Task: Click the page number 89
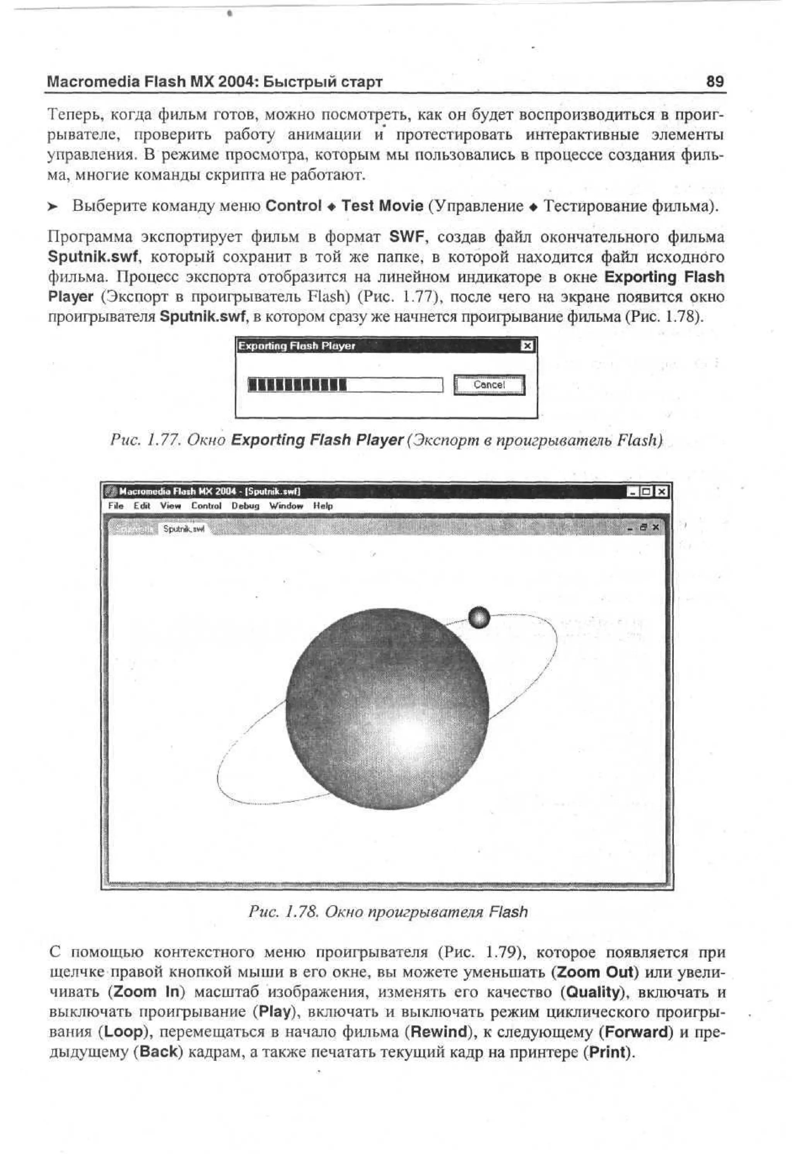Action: pyautogui.click(x=715, y=82)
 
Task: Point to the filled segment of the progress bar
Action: pyautogui.click(x=297, y=385)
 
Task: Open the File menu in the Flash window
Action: pyautogui.click(x=116, y=506)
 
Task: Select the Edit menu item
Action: pyautogui.click(x=142, y=506)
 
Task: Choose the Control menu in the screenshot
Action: pyautogui.click(x=206, y=506)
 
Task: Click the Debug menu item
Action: pyautogui.click(x=246, y=506)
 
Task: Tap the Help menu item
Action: pyautogui.click(x=323, y=506)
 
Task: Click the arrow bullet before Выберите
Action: pyautogui.click(x=53, y=206)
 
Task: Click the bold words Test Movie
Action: pyautogui.click(x=382, y=206)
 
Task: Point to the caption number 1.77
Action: pyautogui.click(x=166, y=440)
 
